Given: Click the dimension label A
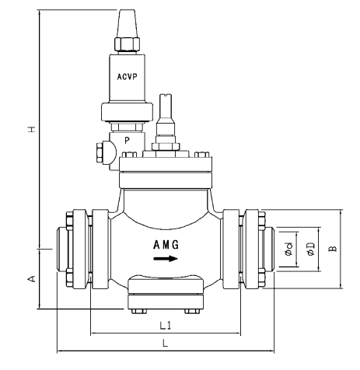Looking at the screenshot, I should click(x=30, y=277).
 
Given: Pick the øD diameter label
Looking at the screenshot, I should click(x=309, y=250).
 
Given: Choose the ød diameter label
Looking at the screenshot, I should click(x=288, y=250).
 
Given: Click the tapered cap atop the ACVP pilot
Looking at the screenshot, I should click(x=127, y=21).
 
